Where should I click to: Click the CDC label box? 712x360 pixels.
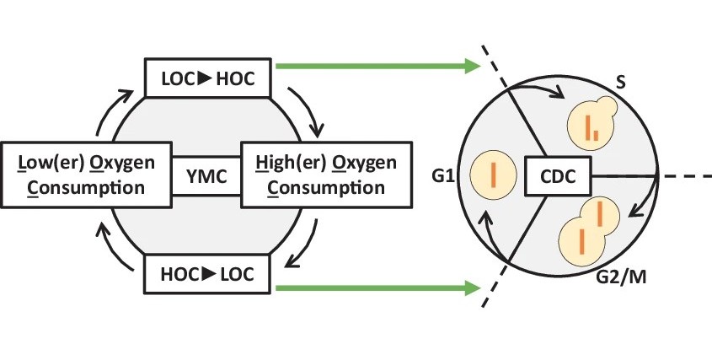pos(557,176)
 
